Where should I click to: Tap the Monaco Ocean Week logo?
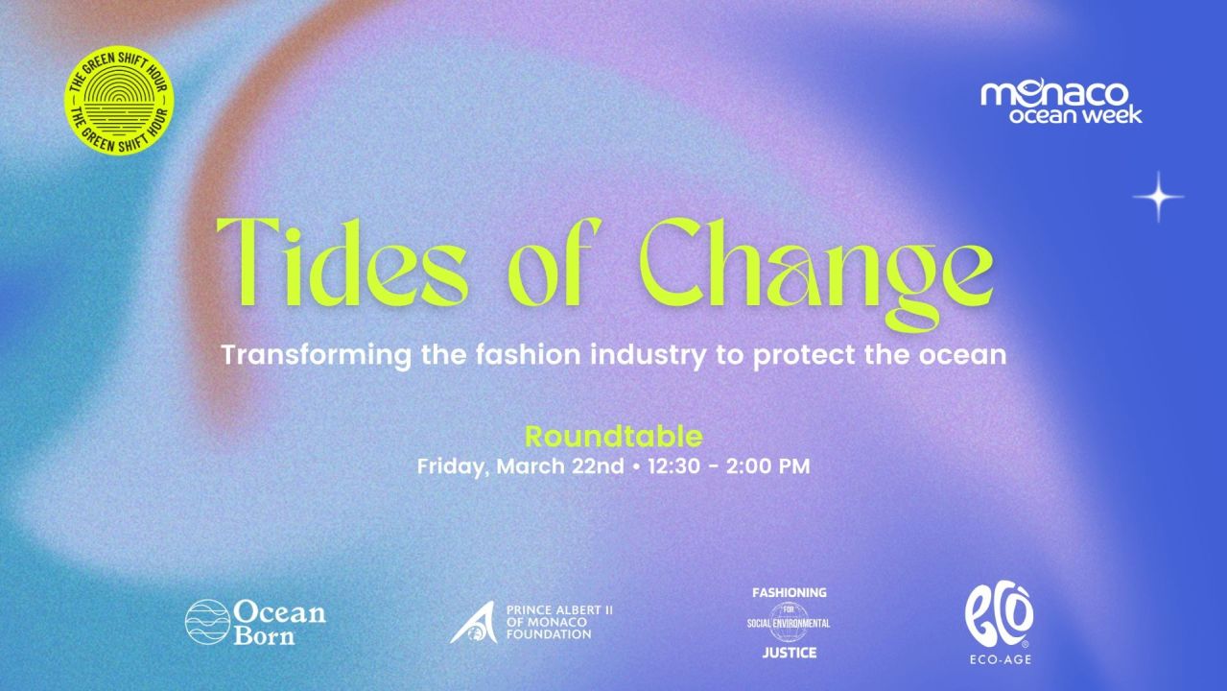[1061, 102]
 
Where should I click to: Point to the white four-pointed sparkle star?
[1158, 197]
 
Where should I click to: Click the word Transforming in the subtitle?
[318, 355]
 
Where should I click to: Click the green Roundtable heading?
[614, 437]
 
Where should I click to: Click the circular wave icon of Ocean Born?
[206, 621]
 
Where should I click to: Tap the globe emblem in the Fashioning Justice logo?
[789, 622]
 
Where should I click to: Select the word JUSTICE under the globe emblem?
[789, 653]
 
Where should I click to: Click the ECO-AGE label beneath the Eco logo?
[999, 658]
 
